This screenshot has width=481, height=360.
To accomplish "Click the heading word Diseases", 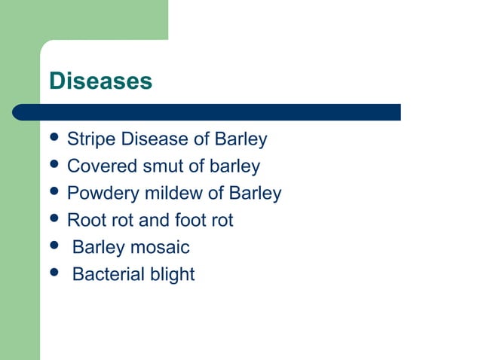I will [x=100, y=81].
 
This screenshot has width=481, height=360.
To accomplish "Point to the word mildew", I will [x=176, y=194].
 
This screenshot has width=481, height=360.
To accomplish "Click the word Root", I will [x=84, y=221].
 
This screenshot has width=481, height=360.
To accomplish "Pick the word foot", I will [x=188, y=221].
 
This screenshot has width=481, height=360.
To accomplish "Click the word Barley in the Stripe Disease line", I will [x=241, y=139].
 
